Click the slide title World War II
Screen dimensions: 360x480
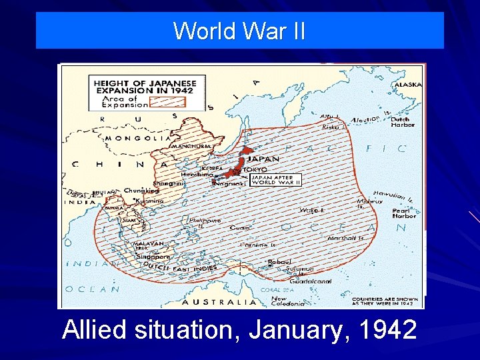[239, 31]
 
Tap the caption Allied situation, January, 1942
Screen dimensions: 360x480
[239, 331]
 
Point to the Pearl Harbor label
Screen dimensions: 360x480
[404, 212]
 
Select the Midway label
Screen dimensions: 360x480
[369, 201]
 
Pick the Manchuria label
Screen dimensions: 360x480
[192, 146]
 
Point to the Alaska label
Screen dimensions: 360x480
[408, 85]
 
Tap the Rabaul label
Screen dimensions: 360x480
[279, 261]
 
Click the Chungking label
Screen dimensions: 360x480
[141, 191]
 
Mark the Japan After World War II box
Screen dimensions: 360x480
[276, 180]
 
